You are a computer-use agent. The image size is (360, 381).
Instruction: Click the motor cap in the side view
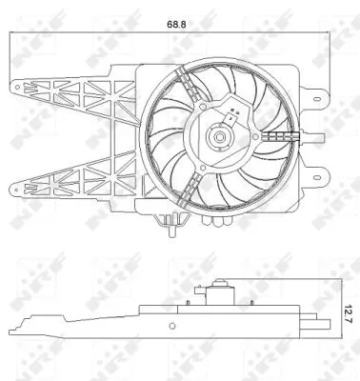pos(221,286)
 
